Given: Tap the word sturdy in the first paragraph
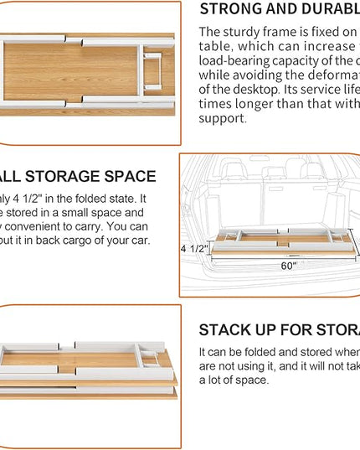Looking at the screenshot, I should [245, 32].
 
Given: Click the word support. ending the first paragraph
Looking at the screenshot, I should [223, 118].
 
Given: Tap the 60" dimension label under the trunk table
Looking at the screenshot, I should [288, 266].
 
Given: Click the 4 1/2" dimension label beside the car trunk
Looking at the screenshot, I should [194, 249].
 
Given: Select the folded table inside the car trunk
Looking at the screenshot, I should [280, 240].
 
